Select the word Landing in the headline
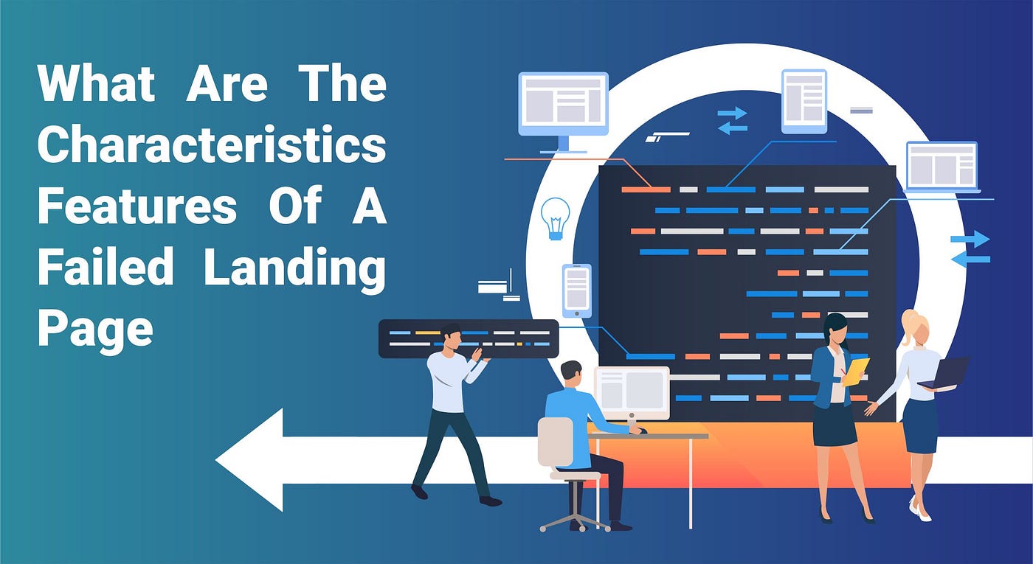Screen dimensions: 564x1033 click(x=294, y=268)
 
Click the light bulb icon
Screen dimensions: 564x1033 click(x=555, y=218)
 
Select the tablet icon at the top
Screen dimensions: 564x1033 click(x=804, y=100)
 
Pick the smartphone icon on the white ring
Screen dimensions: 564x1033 click(x=576, y=290)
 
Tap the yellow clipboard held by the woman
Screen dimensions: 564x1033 click(x=857, y=371)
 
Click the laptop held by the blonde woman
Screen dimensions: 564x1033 click(x=947, y=372)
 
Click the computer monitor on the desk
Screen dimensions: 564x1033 click(x=632, y=392)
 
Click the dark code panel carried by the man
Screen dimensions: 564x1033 click(x=468, y=338)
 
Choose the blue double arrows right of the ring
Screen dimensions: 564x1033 click(x=970, y=248)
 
